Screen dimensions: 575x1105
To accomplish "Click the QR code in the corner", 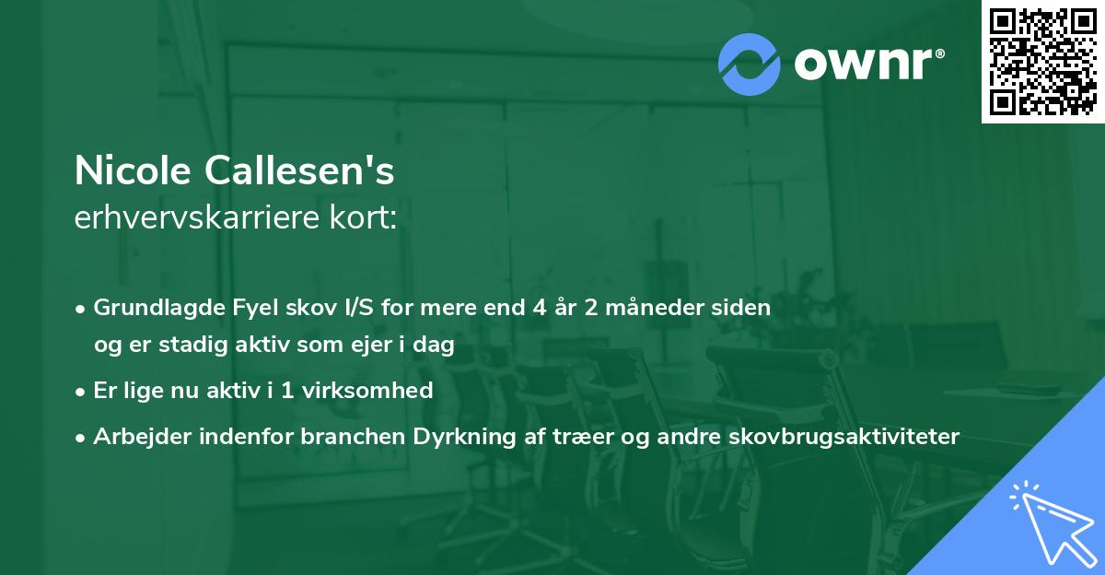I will point(1043,62).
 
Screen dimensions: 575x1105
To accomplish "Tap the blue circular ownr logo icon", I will point(750,65).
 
